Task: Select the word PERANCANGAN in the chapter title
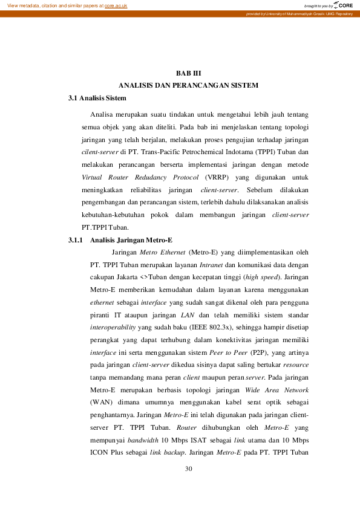pos(192,85)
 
